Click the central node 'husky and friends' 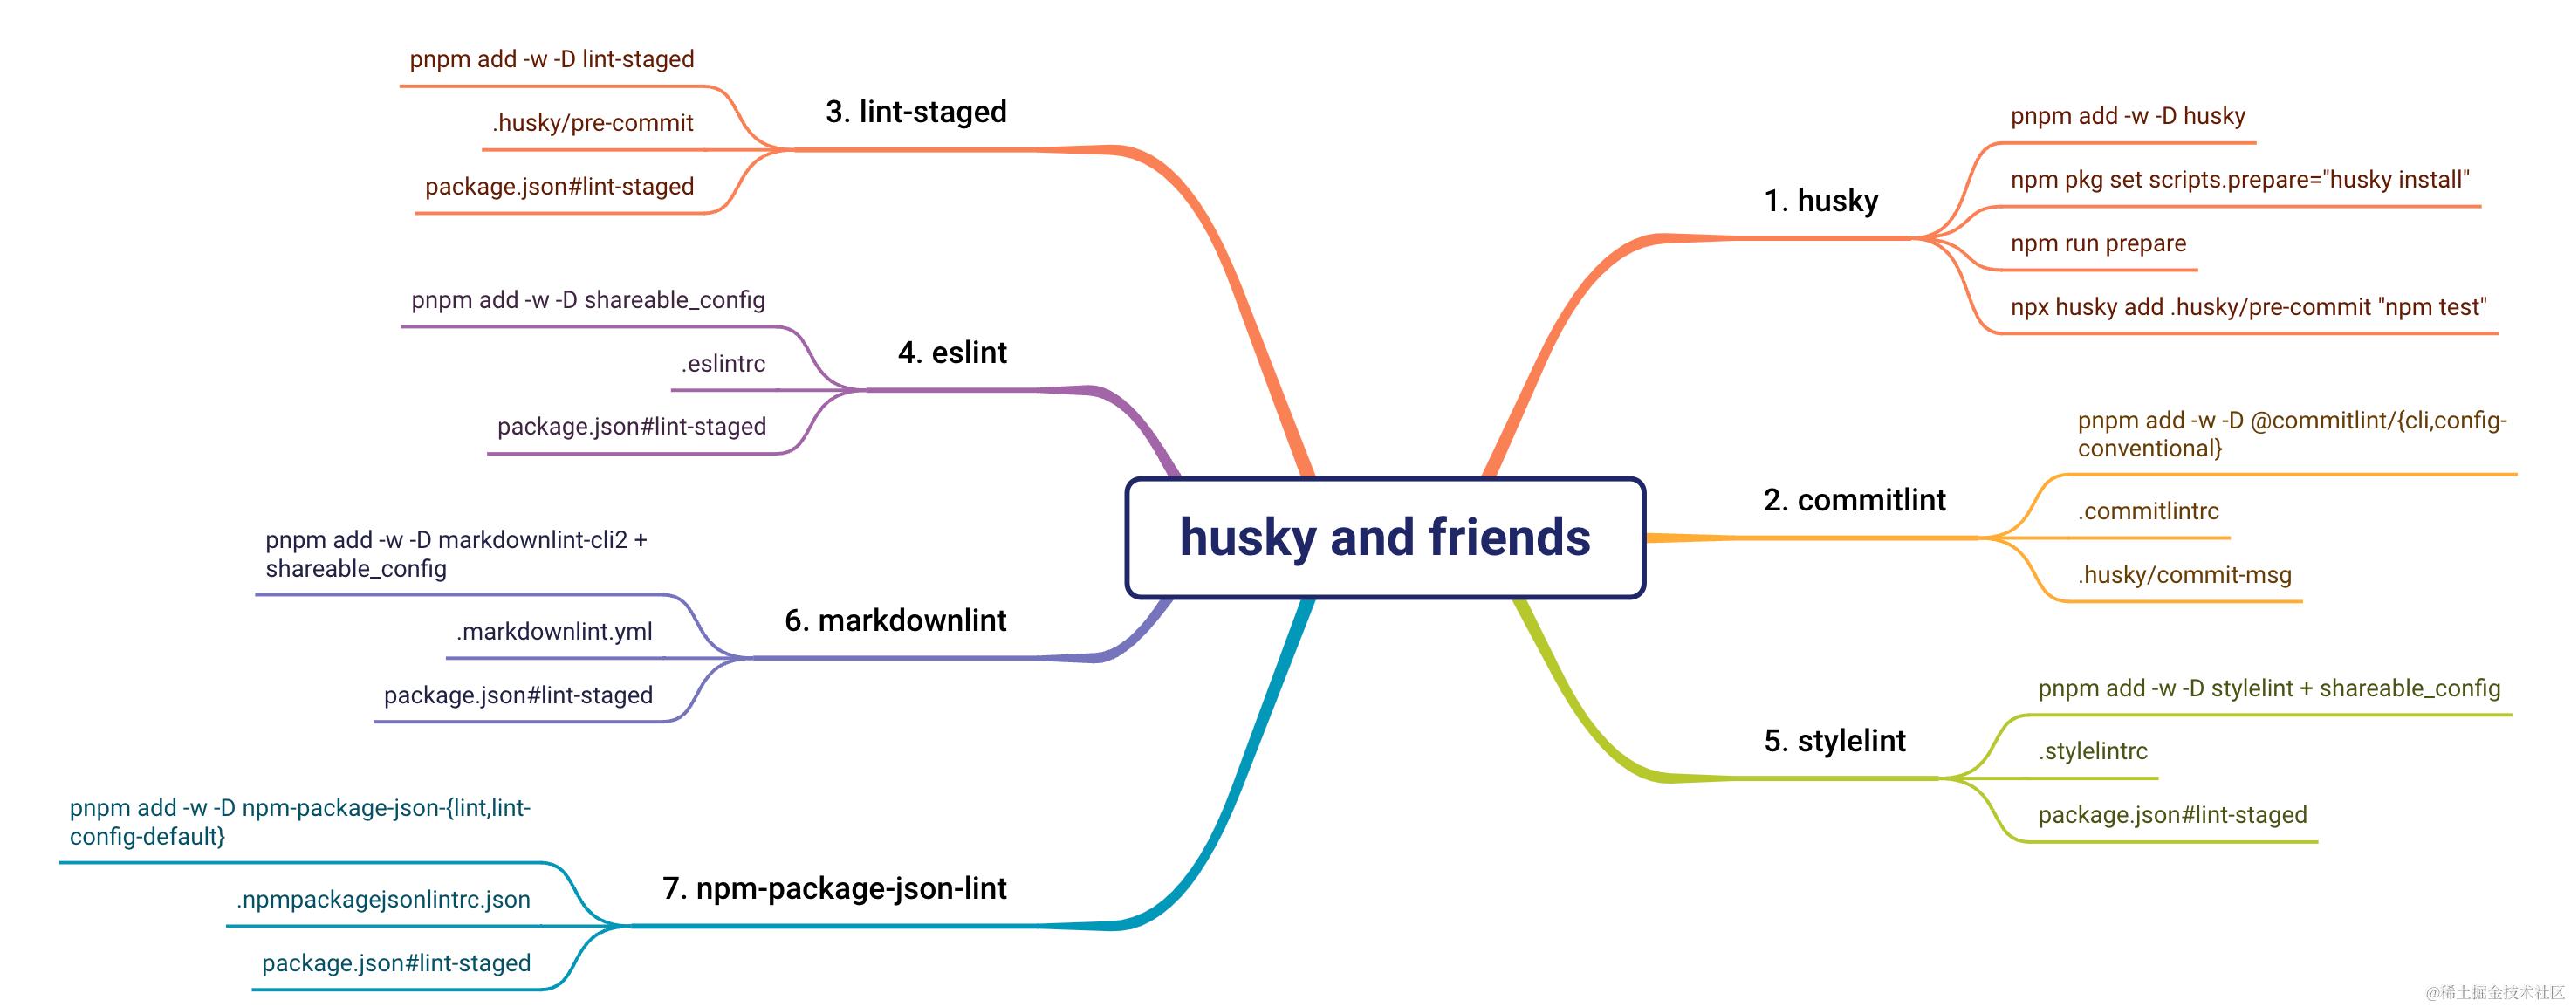(x=1384, y=538)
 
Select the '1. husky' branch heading (x=1820, y=201)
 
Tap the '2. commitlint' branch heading (x=1854, y=500)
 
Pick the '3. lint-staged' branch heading (x=915, y=112)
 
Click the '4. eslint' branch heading (x=951, y=353)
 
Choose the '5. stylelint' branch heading (x=1834, y=741)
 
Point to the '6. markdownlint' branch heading (x=895, y=620)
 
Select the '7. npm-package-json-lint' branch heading (x=833, y=888)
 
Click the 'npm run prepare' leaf (x=2097, y=243)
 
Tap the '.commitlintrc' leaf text (x=2148, y=512)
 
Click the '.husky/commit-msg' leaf (x=2184, y=575)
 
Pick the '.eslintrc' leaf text (x=723, y=364)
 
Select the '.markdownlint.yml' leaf (x=554, y=632)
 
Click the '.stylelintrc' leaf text (x=2092, y=751)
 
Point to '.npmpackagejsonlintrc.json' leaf (x=382, y=901)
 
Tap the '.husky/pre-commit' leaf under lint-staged (x=592, y=123)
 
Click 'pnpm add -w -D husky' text (x=2127, y=117)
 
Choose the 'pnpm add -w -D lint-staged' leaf (x=551, y=60)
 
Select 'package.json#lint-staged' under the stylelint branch (x=2172, y=815)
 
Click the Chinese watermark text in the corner (x=2494, y=992)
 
